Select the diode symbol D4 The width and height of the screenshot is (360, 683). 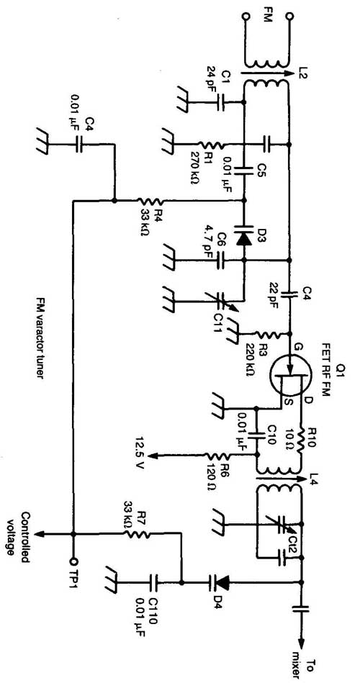point(221,581)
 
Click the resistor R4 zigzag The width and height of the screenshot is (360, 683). point(150,201)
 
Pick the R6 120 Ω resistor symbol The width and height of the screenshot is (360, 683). point(219,456)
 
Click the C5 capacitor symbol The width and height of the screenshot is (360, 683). point(243,170)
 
